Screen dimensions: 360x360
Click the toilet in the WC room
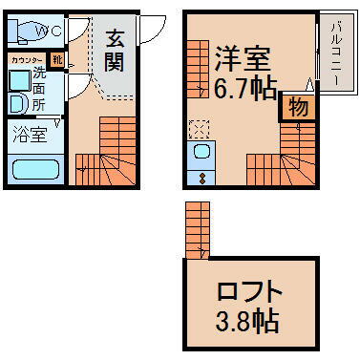point(21,32)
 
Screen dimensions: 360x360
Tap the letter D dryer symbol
point(17,102)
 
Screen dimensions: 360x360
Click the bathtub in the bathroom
point(33,170)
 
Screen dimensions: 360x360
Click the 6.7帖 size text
point(245,88)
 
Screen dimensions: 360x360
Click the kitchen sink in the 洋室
point(202,154)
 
